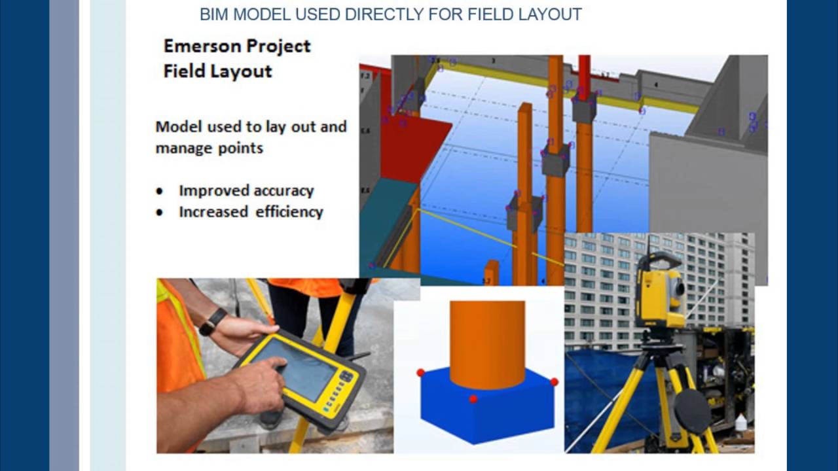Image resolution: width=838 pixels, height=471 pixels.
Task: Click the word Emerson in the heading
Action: [202, 46]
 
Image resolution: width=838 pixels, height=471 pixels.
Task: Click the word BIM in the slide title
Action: [213, 14]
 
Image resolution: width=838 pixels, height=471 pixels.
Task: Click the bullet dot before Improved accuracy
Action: [160, 192]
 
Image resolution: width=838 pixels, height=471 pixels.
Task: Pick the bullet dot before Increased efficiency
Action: [160, 213]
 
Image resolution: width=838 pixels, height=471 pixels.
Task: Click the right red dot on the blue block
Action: [554, 381]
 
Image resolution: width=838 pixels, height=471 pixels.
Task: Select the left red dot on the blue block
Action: [420, 373]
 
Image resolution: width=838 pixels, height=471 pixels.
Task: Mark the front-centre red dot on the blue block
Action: [473, 398]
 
